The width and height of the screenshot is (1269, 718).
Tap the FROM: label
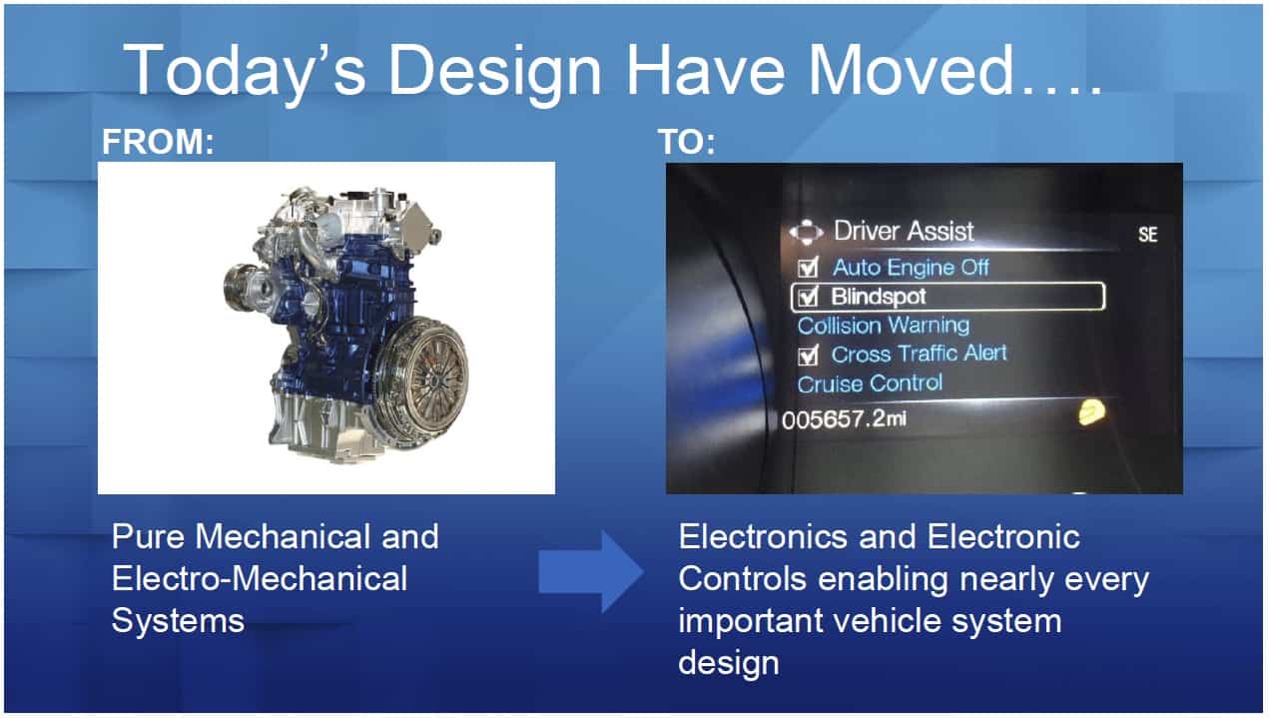point(158,141)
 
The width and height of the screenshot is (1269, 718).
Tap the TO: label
point(687,141)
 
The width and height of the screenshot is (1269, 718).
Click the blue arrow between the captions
point(591,571)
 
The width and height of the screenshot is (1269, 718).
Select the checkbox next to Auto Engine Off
point(808,267)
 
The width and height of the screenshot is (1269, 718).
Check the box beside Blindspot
point(808,297)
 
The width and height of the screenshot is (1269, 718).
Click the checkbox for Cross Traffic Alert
point(808,356)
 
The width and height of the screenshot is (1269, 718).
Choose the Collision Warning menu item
point(884,326)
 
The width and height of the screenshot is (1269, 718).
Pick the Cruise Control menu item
point(870,383)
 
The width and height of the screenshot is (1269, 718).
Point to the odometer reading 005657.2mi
point(844,419)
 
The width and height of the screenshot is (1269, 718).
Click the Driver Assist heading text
point(904,232)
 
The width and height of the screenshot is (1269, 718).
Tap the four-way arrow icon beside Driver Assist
point(806,232)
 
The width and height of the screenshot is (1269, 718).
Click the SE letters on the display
point(1148,234)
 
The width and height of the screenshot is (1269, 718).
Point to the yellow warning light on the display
point(1091,412)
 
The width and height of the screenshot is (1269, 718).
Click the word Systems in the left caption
point(178,620)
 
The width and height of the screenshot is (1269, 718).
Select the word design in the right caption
point(729,664)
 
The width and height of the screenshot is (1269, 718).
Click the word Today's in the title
point(245,72)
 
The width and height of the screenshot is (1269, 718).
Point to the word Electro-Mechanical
point(260,578)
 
